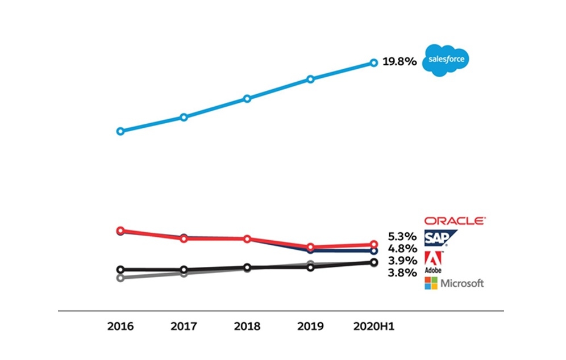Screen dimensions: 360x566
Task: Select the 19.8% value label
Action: pos(399,61)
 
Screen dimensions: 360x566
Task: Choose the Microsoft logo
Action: pos(454,283)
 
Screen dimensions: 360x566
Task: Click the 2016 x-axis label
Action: pos(120,326)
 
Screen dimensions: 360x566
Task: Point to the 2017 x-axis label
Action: pos(184,326)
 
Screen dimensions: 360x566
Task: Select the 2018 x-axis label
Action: pos(247,326)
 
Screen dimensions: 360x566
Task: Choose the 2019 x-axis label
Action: pos(310,326)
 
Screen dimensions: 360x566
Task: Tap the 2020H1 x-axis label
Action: pos(373,326)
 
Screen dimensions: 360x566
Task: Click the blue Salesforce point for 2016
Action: pos(120,131)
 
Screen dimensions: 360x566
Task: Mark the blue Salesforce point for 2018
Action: pos(247,98)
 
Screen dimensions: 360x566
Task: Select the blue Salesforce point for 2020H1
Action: pos(374,62)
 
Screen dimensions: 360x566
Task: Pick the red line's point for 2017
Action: pos(184,238)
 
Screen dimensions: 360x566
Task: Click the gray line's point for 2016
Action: pos(120,278)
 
